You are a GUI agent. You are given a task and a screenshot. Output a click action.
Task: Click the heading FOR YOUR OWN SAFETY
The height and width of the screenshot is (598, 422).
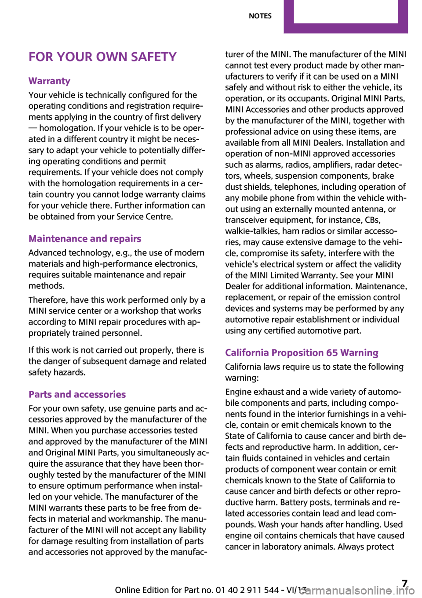click(102, 57)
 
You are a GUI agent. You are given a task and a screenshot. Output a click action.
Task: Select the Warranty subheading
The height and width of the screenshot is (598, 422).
click(49, 81)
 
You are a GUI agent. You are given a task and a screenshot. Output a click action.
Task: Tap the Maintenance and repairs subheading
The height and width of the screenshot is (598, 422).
click(85, 239)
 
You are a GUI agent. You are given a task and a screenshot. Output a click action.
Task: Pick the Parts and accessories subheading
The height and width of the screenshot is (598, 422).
click(77, 395)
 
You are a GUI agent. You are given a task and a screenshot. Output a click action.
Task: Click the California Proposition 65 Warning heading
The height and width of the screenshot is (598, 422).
click(302, 353)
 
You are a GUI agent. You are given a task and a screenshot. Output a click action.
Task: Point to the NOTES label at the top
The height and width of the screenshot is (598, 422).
click(260, 16)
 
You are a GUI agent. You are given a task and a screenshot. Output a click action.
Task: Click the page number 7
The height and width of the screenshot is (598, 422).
click(404, 584)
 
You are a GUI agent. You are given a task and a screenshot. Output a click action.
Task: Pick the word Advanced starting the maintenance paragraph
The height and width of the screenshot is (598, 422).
click(48, 253)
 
